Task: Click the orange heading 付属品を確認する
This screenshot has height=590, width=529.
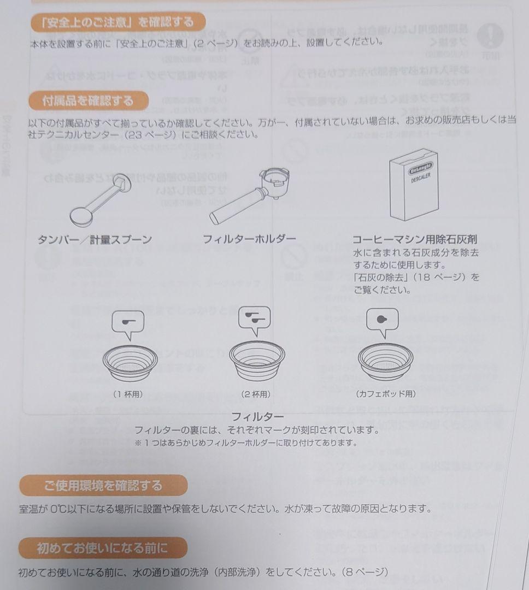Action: click(88, 101)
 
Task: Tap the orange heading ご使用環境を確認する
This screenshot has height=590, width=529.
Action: click(103, 485)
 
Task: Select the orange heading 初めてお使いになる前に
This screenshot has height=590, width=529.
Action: click(102, 548)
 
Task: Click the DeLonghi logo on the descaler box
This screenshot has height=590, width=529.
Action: click(420, 167)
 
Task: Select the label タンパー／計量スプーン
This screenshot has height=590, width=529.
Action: click(95, 239)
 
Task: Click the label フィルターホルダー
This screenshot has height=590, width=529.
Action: click(249, 239)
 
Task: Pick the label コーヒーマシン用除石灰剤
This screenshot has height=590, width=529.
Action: click(414, 239)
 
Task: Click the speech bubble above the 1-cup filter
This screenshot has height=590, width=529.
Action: click(128, 323)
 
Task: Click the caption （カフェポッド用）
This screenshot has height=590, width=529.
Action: click(386, 394)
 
